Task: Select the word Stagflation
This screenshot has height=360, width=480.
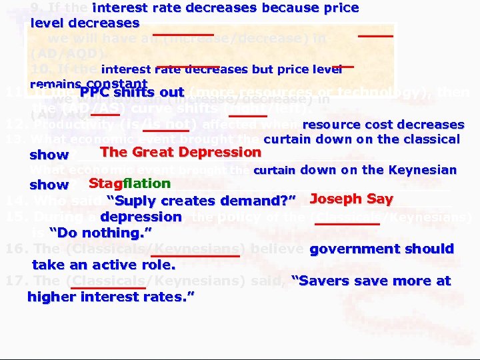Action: tap(129, 183)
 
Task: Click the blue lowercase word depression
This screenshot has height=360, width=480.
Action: tap(141, 217)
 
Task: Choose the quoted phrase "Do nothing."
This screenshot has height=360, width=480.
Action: tap(101, 233)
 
